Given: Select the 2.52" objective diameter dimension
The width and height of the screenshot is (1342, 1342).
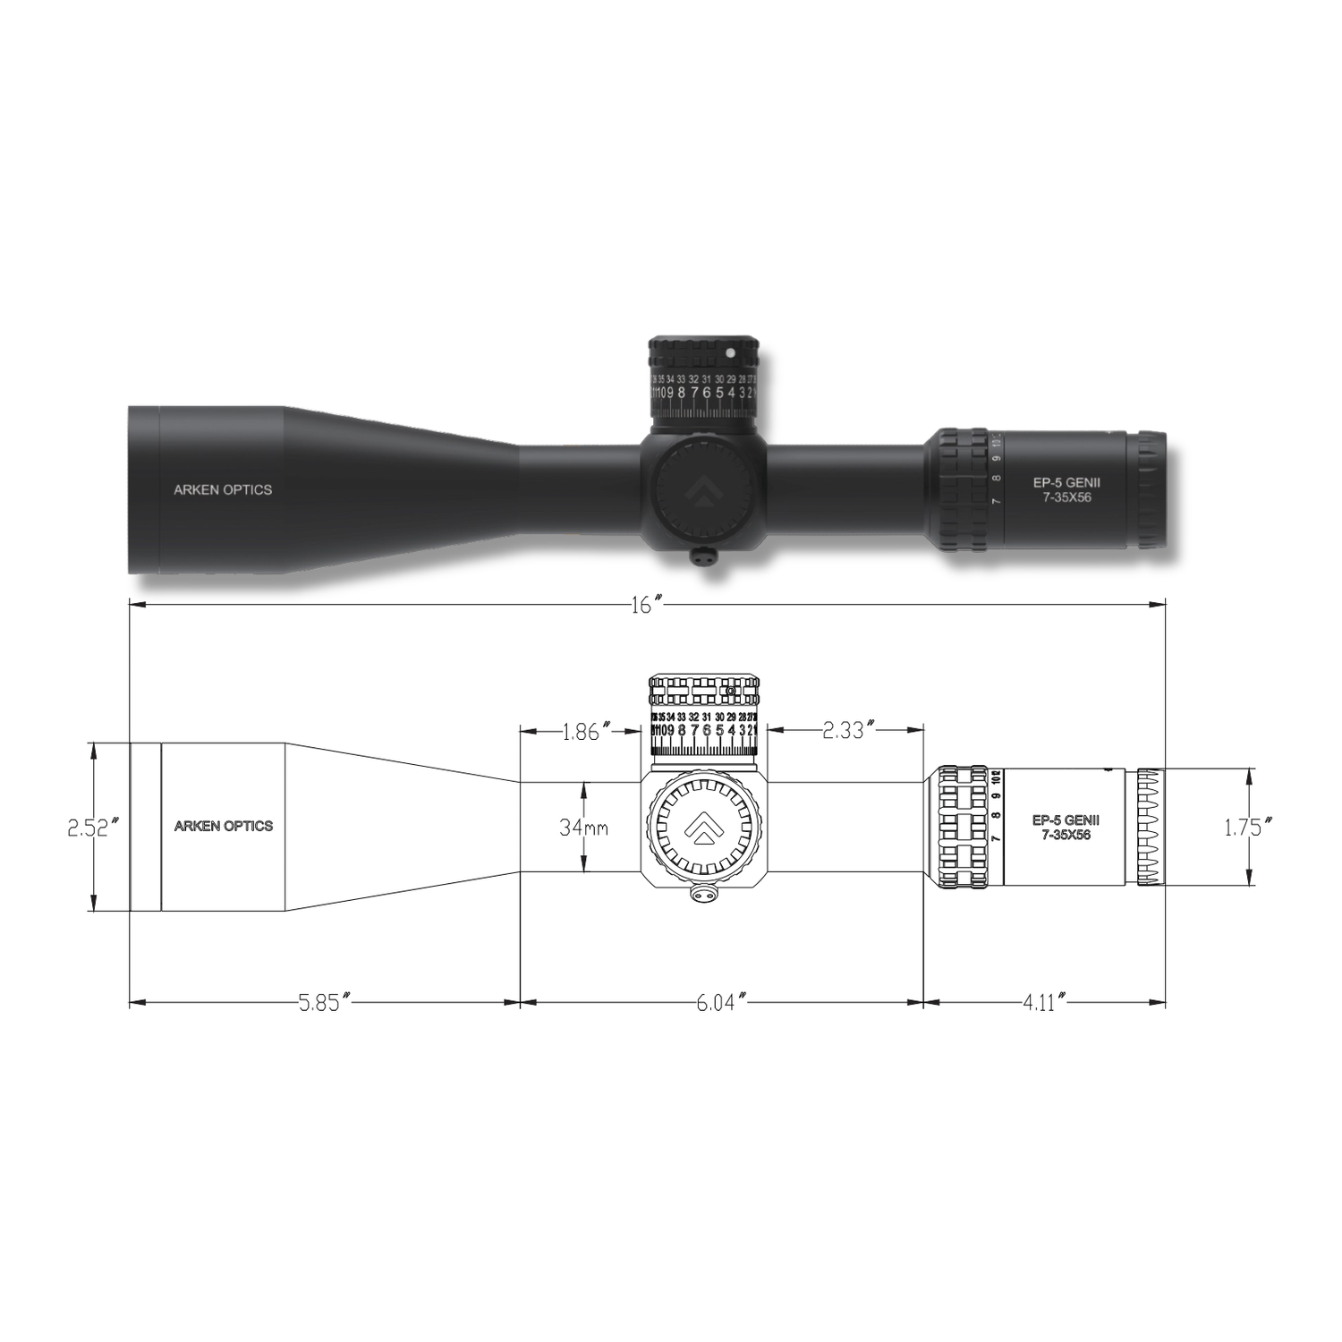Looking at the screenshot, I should (x=93, y=828).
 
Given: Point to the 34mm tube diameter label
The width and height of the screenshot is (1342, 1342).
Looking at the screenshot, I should (x=583, y=828).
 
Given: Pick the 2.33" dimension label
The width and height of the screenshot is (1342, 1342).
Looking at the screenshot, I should (x=845, y=731).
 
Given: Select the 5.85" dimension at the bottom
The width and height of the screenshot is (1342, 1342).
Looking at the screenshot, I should (x=322, y=1002).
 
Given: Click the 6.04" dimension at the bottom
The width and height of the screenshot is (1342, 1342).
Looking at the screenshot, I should (x=721, y=1002).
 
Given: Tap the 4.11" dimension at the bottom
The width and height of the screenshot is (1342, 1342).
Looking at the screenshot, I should (x=1043, y=1002).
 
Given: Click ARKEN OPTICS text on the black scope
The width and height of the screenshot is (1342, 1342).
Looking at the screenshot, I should (x=223, y=489).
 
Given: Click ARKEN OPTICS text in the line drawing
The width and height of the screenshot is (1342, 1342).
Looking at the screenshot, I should (x=223, y=826).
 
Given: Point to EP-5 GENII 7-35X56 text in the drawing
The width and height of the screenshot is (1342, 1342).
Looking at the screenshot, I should (x=1066, y=827).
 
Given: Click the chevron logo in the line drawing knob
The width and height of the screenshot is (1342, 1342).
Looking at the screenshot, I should (x=702, y=827).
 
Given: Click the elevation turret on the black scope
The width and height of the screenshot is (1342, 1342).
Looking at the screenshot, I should (x=703, y=380).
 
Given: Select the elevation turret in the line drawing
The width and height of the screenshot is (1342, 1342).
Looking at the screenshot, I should (x=703, y=716).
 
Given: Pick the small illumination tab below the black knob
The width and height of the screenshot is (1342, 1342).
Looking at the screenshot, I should (x=704, y=556).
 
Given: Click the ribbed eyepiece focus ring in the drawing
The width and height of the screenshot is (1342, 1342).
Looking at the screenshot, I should (x=1151, y=827).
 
